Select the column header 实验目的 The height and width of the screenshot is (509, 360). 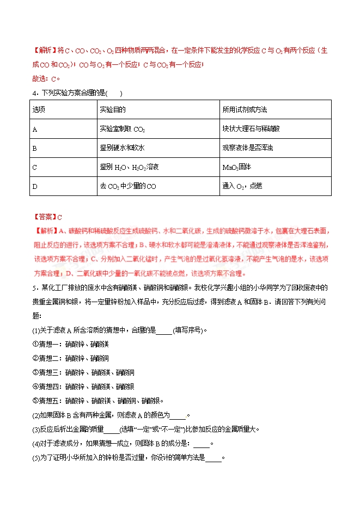113,109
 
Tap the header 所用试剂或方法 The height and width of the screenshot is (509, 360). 245,109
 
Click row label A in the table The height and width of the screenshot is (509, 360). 35,129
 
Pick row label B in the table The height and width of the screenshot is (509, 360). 35,148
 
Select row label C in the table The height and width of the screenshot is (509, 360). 35,167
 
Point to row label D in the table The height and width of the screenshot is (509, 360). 35,186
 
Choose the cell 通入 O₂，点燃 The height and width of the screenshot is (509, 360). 242,186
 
